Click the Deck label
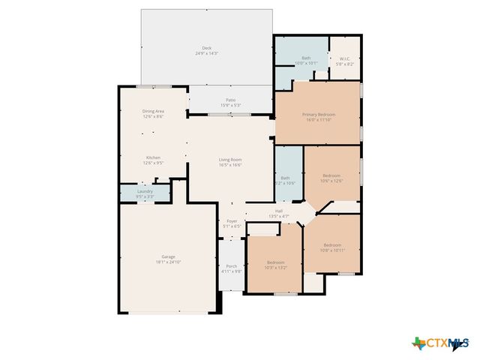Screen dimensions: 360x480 pos(206,48)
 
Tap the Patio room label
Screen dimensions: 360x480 pos(230,100)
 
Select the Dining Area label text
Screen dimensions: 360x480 pos(153,112)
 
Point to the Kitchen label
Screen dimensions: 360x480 pos(153,157)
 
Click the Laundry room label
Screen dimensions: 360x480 pos(145,191)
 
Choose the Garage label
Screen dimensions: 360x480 pos(168,257)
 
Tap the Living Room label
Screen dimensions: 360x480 pos(230,159)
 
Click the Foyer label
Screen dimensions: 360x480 pos(232,220)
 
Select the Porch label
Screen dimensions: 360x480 pos(232,266)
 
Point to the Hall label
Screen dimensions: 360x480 pos(279,211)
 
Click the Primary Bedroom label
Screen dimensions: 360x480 pos(319,115)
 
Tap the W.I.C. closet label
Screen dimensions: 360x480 pos(345,58)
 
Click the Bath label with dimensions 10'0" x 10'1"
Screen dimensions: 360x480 pos(306,58)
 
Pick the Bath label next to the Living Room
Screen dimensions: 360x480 pos(285,178)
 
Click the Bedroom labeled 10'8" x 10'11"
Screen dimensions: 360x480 pos(332,245)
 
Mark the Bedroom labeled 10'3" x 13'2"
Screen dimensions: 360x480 pos(275,262)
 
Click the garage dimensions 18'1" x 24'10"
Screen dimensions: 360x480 pos(168,262)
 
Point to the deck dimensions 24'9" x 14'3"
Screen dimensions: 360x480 pos(206,53)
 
